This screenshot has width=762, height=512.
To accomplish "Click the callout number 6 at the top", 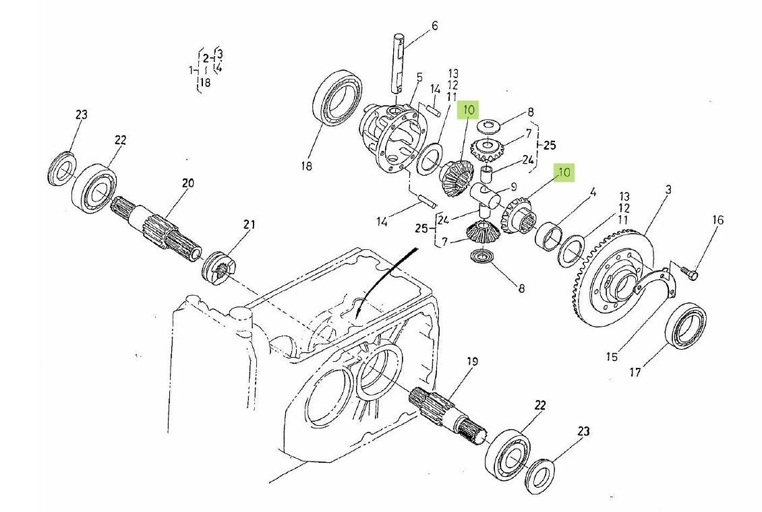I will click(x=434, y=26).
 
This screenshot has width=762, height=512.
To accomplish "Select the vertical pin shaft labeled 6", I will click(x=398, y=64).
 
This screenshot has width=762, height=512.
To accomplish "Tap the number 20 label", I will click(x=187, y=183).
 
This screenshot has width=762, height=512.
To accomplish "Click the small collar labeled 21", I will click(x=218, y=267).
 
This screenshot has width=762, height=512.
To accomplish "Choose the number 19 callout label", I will click(x=471, y=362).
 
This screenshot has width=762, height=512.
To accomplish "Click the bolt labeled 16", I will click(x=689, y=273).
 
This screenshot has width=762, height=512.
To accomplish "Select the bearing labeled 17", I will click(x=686, y=327).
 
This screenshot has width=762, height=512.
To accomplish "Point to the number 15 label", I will click(x=611, y=356).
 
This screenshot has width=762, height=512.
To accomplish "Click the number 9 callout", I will click(x=513, y=187).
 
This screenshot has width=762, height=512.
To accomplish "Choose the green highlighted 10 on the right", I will click(x=564, y=172).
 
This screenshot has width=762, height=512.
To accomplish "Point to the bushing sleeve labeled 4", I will click(x=548, y=237).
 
